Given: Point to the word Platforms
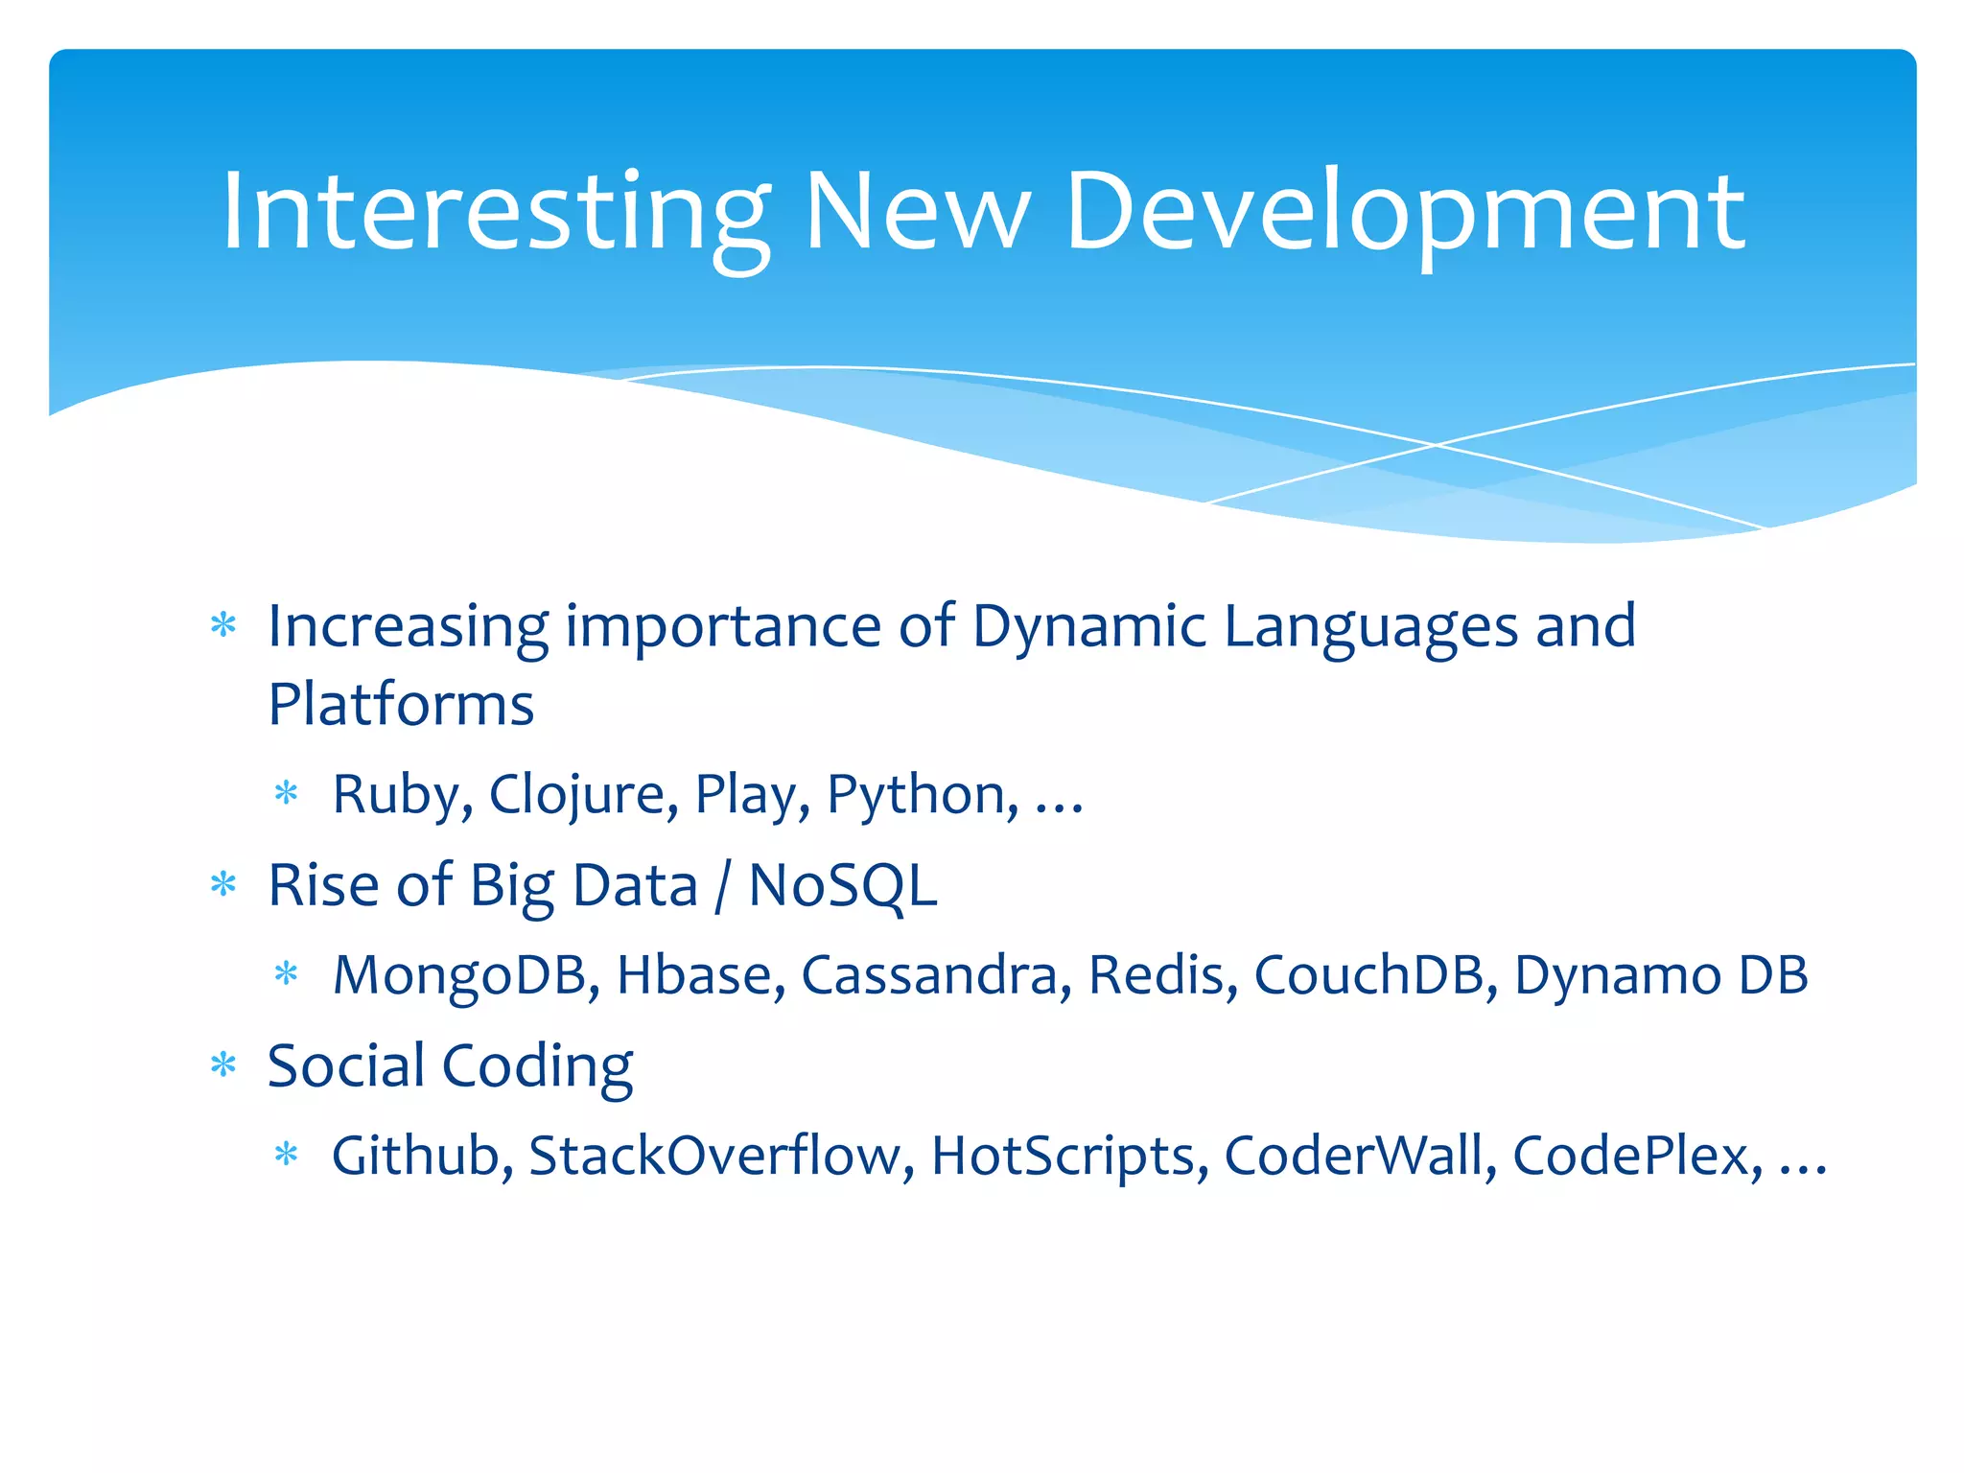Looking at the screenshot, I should tap(401, 705).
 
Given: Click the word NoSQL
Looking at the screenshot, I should tap(842, 885).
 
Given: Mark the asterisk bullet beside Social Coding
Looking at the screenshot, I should tap(223, 1064).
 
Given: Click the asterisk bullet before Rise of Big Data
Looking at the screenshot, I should tap(223, 883).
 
